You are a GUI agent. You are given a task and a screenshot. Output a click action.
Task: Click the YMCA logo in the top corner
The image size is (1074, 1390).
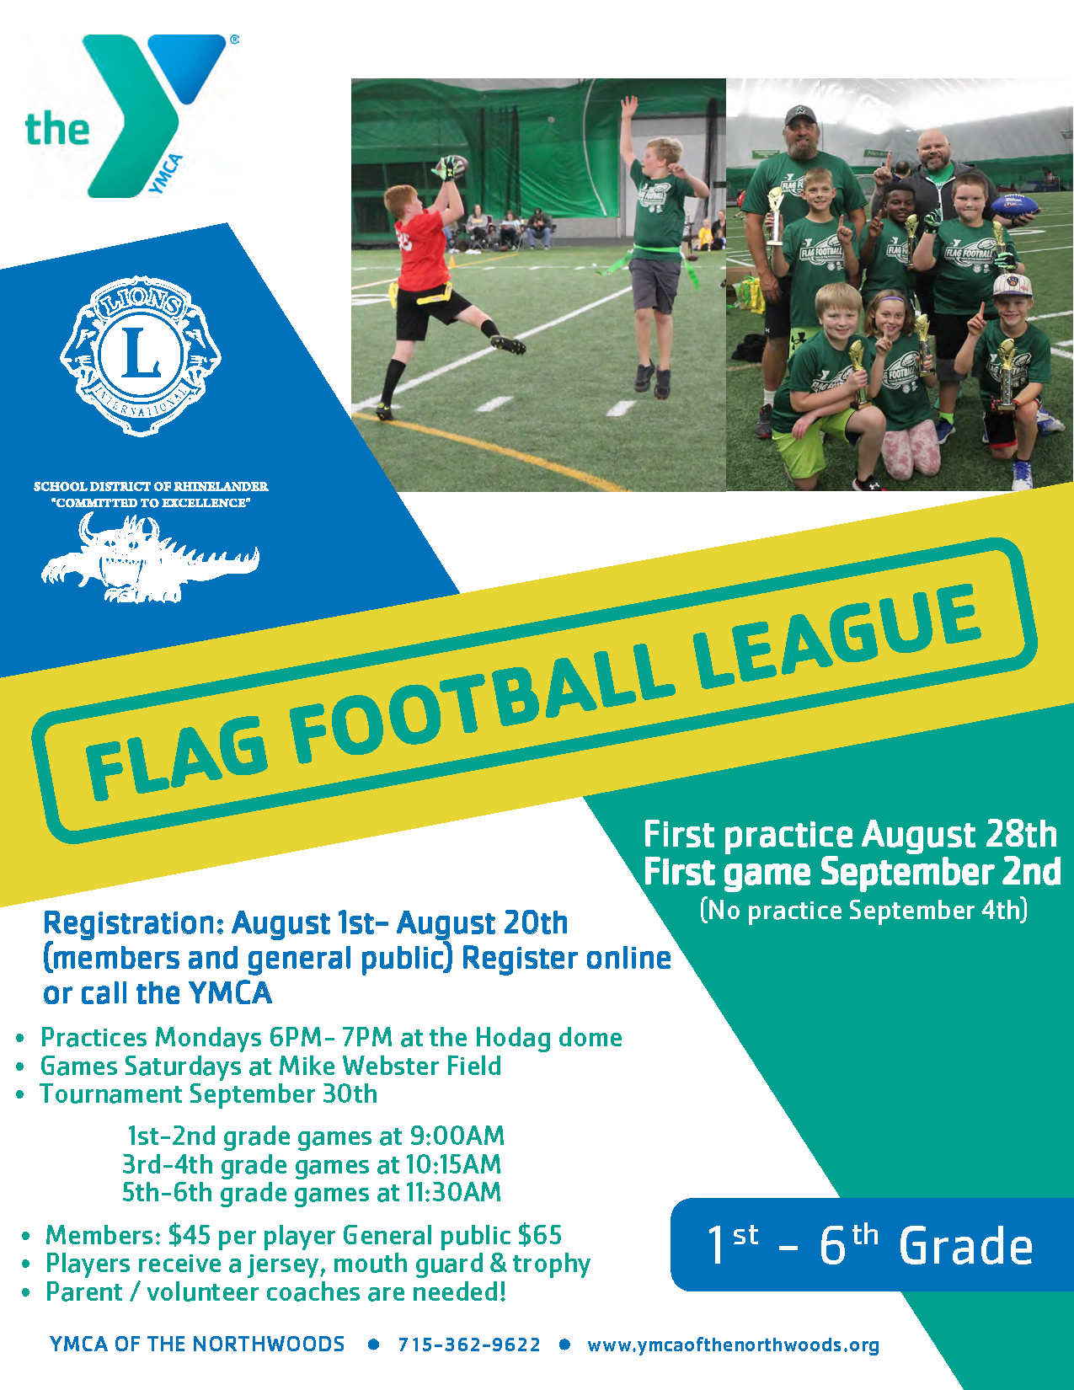point(128,115)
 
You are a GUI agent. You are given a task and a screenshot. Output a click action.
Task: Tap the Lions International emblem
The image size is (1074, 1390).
point(141,356)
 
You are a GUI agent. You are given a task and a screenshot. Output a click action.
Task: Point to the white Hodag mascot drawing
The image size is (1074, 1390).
point(150,558)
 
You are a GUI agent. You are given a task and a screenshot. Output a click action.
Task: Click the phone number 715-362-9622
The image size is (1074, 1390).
point(469,1345)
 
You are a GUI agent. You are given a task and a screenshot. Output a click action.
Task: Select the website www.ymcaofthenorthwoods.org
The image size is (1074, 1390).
point(733,1345)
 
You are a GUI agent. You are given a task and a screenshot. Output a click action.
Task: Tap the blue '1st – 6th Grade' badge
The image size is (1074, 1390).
point(872,1244)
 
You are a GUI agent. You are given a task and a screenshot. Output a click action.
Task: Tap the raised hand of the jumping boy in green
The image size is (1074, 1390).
point(629,104)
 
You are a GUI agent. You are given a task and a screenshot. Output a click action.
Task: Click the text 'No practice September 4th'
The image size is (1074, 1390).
point(863,911)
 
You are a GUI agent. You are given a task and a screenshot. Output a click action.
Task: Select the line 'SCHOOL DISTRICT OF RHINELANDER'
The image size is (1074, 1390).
point(151,486)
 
